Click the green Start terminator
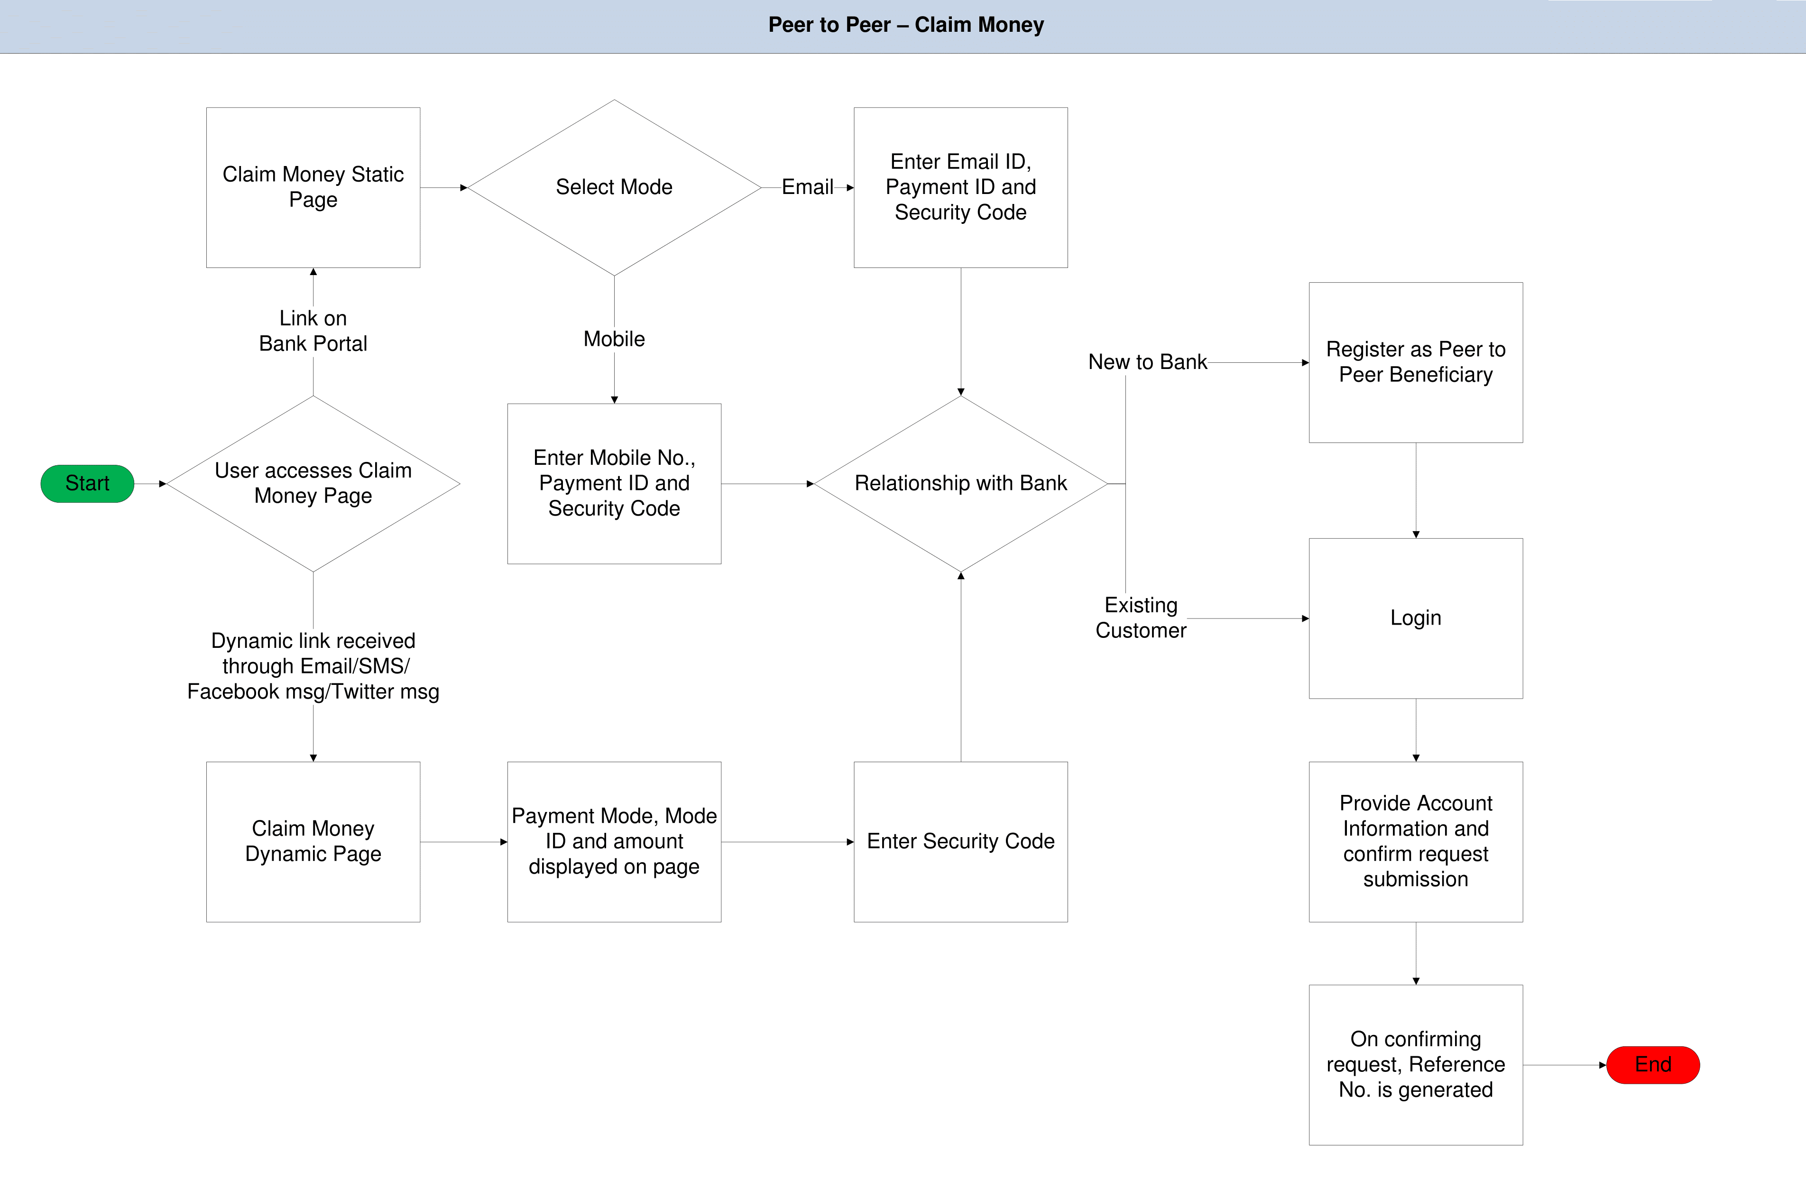point(87,483)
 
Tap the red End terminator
point(1652,1064)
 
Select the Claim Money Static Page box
point(313,187)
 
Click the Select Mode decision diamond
point(614,187)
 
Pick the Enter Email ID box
point(960,187)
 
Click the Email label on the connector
point(807,187)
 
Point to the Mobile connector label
point(614,339)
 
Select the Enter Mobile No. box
point(614,483)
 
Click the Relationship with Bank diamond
point(960,483)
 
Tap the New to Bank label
point(1147,362)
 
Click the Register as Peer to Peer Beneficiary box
point(1415,362)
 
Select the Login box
point(1415,618)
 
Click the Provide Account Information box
point(1415,841)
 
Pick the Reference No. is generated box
point(1415,1064)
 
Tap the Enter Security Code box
point(960,841)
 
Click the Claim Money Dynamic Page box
point(313,841)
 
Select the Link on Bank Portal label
point(313,330)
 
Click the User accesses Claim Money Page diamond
point(313,483)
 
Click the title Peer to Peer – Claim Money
point(905,25)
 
